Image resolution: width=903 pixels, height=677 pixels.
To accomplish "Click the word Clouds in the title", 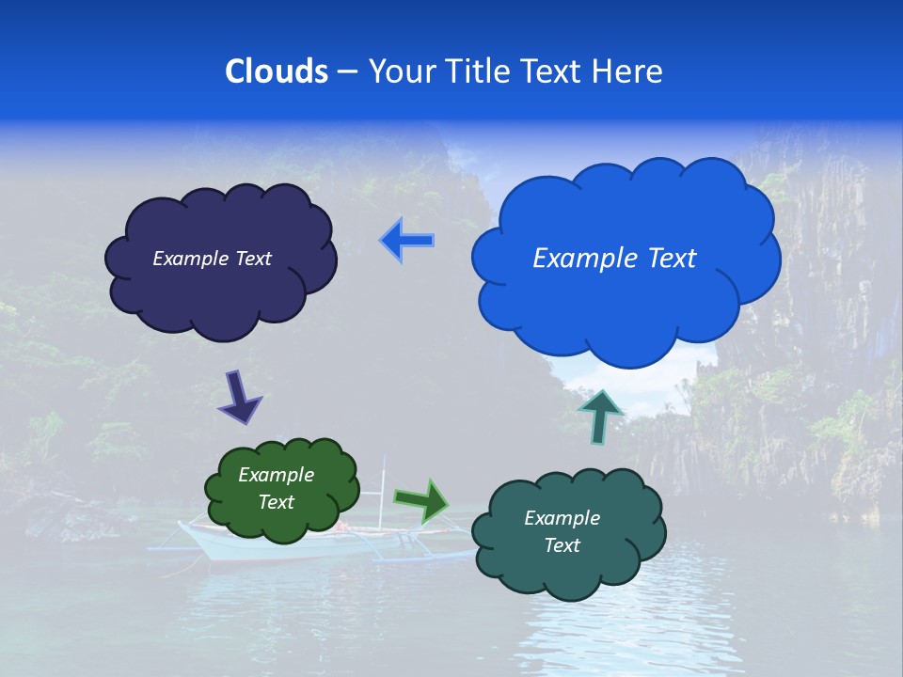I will [x=277, y=71].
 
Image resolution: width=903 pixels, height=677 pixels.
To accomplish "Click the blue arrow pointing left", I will [x=406, y=241].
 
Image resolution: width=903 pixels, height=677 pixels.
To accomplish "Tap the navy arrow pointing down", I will [x=239, y=397].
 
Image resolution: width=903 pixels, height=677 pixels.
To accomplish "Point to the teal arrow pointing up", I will [x=600, y=415].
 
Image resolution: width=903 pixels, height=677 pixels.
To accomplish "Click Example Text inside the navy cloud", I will [x=212, y=259].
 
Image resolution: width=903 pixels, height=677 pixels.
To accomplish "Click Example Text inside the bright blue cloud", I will [x=614, y=259].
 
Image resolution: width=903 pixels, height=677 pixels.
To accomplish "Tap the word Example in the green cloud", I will [x=276, y=475].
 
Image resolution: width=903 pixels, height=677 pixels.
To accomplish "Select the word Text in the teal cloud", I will [x=562, y=545].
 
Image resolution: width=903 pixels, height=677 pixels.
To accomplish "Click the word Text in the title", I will [x=555, y=71].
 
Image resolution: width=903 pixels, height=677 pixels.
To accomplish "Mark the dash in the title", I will [x=346, y=72].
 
